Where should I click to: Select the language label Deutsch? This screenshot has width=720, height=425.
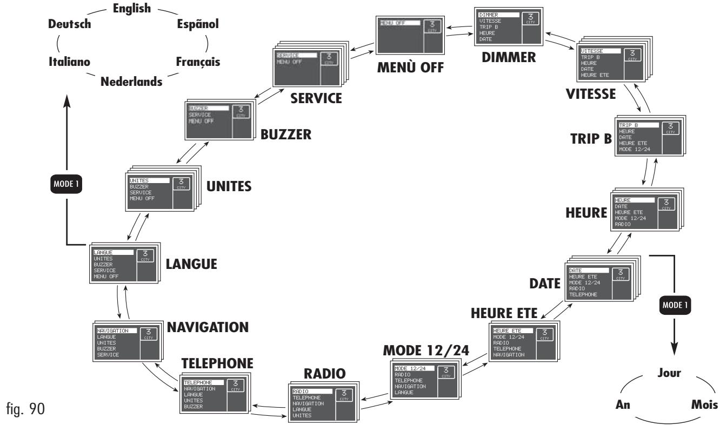click(x=70, y=24)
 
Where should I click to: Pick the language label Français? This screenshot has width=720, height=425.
click(x=197, y=62)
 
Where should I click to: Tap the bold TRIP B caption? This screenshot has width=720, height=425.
click(x=591, y=139)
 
